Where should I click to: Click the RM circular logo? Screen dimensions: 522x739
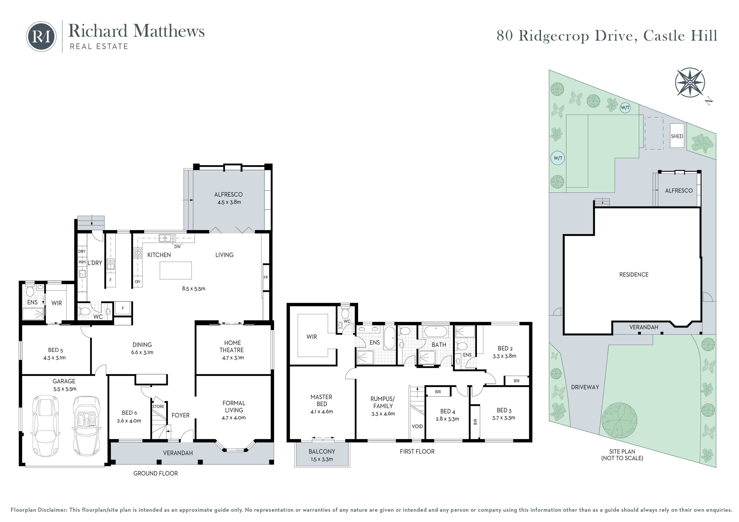click(x=41, y=37)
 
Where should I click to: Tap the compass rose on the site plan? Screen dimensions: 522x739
click(x=690, y=82)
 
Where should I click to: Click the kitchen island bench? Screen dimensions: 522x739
click(x=176, y=270)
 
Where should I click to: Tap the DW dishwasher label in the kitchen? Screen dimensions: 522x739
click(x=177, y=247)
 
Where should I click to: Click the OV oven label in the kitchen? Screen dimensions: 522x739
click(x=137, y=282)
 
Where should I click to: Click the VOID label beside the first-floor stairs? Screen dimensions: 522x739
click(x=417, y=426)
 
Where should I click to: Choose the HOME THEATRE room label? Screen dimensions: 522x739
click(x=232, y=346)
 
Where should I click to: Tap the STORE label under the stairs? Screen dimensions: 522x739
click(x=158, y=406)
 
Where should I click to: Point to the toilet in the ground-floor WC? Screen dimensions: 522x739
click(x=84, y=311)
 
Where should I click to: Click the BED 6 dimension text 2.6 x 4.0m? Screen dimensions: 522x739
click(x=129, y=421)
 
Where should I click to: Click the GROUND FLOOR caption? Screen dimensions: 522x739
click(x=155, y=473)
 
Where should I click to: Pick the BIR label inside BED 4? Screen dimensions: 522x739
click(x=438, y=392)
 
